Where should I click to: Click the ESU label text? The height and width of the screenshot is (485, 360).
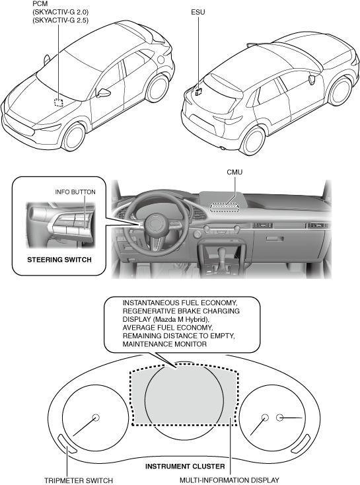pyautogui.click(x=198, y=12)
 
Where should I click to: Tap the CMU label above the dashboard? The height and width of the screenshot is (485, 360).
pyautogui.click(x=234, y=172)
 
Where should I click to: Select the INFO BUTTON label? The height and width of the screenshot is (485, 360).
pyautogui.click(x=75, y=192)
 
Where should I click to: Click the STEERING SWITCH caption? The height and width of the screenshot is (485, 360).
pyautogui.click(x=59, y=260)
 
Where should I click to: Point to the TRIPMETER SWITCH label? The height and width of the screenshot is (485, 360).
pyautogui.click(x=79, y=480)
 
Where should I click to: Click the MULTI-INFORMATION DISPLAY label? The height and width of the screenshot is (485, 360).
pyautogui.click(x=229, y=480)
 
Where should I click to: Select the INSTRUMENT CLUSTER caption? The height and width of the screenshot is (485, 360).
pyautogui.click(x=185, y=466)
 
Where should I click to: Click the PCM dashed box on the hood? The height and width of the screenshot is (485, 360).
pyautogui.click(x=58, y=102)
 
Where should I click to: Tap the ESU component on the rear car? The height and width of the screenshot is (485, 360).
pyautogui.click(x=198, y=91)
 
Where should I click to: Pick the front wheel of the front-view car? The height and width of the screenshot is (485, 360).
pyautogui.click(x=74, y=137)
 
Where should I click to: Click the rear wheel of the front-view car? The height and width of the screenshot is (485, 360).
pyautogui.click(x=158, y=88)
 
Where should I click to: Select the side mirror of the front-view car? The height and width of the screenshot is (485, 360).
pyautogui.click(x=103, y=93)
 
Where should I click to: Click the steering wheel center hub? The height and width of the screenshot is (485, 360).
pyautogui.click(x=157, y=224)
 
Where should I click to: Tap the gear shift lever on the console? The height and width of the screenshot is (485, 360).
pyautogui.click(x=222, y=254)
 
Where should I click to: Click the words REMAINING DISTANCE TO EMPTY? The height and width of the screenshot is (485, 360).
pyautogui.click(x=178, y=336)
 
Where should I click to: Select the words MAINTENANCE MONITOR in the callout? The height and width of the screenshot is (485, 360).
pyautogui.click(x=164, y=344)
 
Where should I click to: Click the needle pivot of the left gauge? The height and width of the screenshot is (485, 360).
pyautogui.click(x=96, y=418)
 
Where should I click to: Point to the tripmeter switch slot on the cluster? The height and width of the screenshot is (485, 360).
pyautogui.click(x=67, y=443)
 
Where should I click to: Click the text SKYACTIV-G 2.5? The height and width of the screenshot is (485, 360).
pyautogui.click(x=61, y=20)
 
